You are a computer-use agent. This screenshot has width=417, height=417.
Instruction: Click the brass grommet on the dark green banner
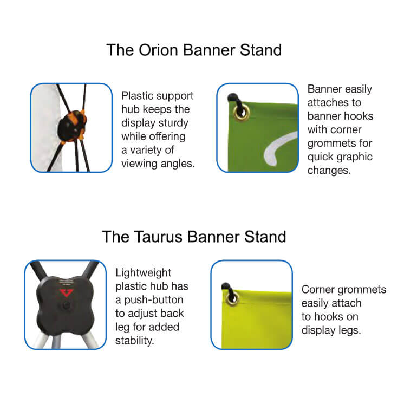tap(239, 112)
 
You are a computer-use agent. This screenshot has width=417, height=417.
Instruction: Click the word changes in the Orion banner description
tap(330, 171)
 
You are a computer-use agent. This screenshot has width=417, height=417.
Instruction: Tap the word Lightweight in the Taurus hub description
tap(144, 273)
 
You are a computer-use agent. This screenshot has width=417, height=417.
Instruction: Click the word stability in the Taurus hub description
tap(135, 341)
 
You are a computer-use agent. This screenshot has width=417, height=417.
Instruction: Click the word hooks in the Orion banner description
tap(358, 116)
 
